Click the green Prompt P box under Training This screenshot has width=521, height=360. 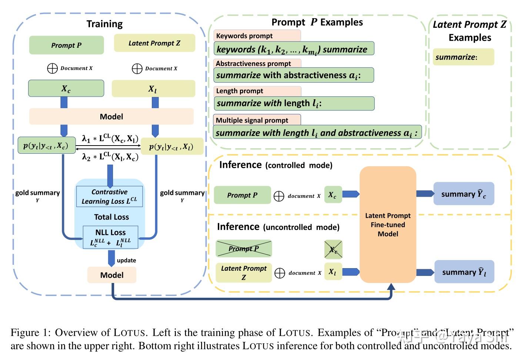click(66, 45)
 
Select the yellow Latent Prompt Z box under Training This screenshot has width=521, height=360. click(154, 43)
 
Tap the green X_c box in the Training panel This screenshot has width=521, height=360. click(66, 89)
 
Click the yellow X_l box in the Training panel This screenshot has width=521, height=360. click(153, 89)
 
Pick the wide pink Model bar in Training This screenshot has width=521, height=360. click(111, 117)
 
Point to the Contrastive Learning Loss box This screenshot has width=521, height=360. click(109, 196)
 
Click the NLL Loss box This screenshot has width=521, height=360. click(110, 237)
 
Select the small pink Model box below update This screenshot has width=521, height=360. click(111, 275)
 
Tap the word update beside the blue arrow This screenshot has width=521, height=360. click(126, 260)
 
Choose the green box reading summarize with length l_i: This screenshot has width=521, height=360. click(294, 103)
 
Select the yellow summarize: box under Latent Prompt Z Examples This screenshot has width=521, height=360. click(463, 57)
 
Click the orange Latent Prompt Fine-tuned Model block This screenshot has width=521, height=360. click(388, 224)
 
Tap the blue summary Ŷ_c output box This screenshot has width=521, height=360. click(464, 194)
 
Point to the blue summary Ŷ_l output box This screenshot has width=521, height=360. click(464, 272)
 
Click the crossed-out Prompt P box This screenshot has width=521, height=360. click(244, 249)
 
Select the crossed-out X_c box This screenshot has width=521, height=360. click(333, 249)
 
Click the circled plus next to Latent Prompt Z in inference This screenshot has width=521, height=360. click(280, 273)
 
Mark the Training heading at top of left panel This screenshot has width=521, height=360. click(104, 24)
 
